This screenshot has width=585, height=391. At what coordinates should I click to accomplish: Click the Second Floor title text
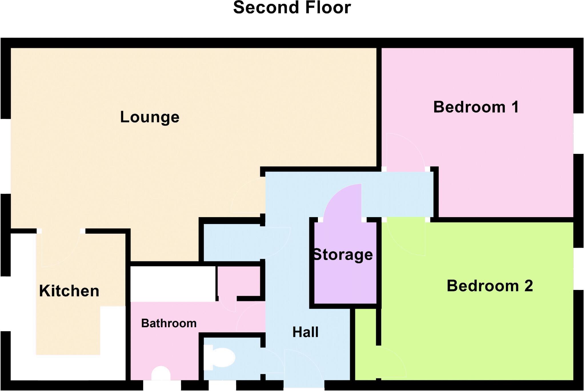point(292,7)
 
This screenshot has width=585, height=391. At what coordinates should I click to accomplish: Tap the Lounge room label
point(150,117)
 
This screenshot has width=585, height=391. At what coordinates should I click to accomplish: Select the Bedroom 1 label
point(476,107)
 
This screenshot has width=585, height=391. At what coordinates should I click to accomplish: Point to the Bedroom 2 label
point(490,286)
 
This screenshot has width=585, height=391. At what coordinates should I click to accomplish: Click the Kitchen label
point(69,291)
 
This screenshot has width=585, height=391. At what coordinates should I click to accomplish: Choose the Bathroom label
point(169,323)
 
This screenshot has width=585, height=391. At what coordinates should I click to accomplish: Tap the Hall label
point(305,332)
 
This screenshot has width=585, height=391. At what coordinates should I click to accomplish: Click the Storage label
point(343,255)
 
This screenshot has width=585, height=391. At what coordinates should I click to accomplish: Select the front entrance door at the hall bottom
point(303,369)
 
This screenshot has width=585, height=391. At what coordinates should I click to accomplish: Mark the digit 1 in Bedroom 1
point(515,107)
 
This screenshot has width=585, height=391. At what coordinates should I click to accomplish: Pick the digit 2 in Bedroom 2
point(528,286)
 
